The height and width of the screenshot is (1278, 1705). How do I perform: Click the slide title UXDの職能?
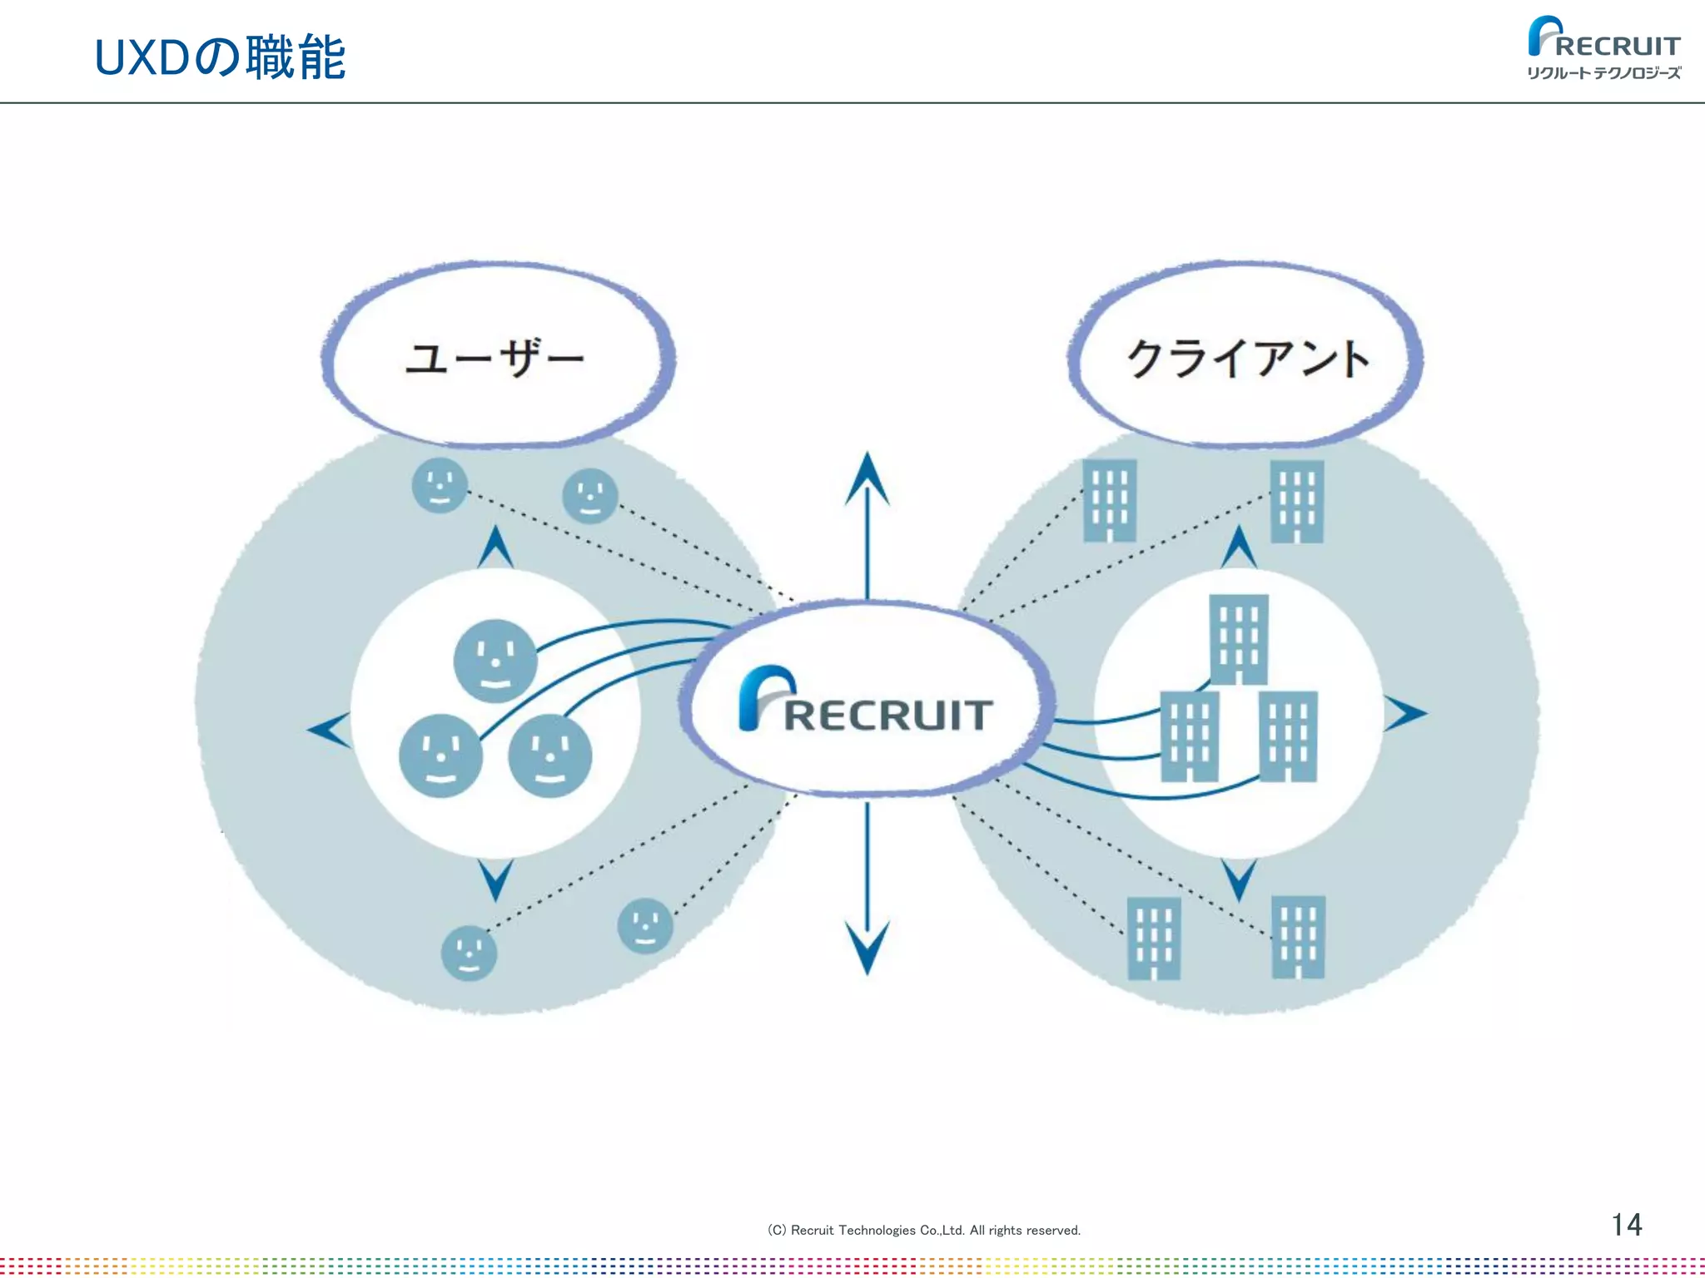220,58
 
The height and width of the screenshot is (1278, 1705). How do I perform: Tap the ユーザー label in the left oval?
495,358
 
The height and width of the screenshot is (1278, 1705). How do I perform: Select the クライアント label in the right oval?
1247,358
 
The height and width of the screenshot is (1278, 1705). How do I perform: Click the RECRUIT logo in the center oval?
866,703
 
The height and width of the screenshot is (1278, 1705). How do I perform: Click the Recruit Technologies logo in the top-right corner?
1603,48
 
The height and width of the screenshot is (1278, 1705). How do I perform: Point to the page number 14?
1626,1225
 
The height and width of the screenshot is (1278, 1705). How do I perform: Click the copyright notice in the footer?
923,1230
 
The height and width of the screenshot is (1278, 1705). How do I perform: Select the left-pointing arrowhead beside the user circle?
329,730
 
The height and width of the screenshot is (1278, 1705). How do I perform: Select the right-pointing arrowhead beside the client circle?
1405,714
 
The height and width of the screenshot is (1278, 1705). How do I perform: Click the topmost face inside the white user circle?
495,661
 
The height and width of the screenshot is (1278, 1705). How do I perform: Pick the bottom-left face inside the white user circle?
440,755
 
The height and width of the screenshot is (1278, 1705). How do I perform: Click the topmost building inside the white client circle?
1239,639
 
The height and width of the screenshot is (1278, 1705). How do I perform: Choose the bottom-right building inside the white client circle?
1288,736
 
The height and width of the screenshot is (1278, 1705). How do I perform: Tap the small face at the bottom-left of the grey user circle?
469,954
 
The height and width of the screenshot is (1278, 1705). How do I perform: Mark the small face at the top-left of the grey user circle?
440,485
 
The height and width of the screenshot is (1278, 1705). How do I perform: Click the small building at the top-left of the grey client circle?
1110,500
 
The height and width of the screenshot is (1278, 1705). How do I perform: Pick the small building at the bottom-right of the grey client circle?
1298,937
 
